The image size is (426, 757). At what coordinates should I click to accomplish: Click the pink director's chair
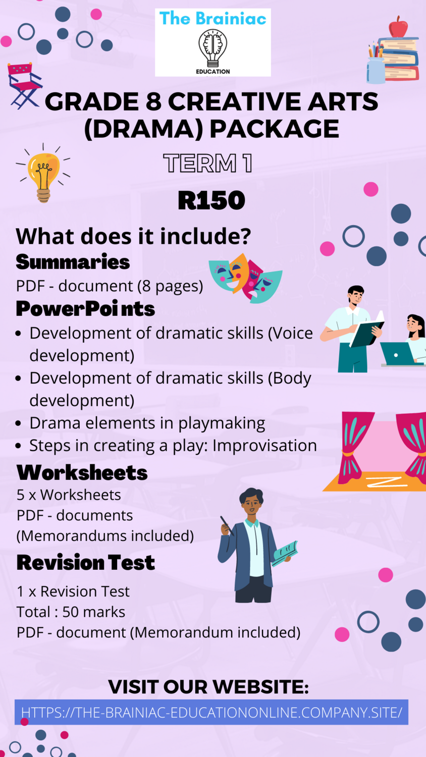click(x=23, y=84)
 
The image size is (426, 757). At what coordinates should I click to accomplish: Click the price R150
click(x=211, y=200)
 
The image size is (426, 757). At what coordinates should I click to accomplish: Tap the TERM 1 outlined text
click(x=208, y=164)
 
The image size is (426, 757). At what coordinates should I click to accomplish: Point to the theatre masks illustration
click(x=246, y=277)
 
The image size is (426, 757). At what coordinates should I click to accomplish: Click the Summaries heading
click(x=73, y=262)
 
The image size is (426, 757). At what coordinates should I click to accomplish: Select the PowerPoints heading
click(x=85, y=309)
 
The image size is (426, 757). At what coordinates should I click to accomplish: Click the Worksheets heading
click(x=82, y=472)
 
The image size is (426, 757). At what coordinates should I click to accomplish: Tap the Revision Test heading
click(x=86, y=562)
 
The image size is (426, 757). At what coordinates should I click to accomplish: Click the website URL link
click(x=211, y=712)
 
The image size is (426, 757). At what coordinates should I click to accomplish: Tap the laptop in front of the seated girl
click(x=397, y=354)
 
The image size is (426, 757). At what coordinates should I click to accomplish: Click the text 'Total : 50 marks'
click(x=71, y=612)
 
